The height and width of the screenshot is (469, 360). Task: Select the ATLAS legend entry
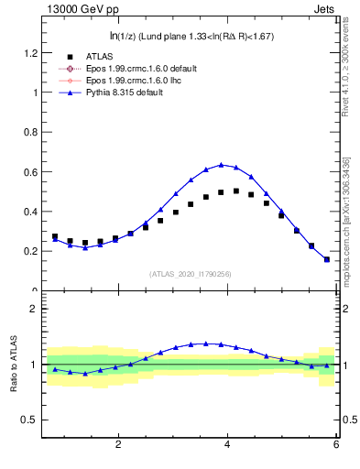click(100, 57)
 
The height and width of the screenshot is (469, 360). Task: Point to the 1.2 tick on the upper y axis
click(30, 53)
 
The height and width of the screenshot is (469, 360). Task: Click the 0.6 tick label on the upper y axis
click(30, 172)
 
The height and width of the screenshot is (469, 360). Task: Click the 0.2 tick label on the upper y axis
click(30, 251)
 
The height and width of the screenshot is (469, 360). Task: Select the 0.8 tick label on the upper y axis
click(30, 132)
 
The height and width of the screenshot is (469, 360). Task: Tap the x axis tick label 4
click(227, 445)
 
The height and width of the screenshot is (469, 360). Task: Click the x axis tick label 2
click(118, 445)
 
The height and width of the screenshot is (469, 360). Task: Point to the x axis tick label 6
click(336, 445)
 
